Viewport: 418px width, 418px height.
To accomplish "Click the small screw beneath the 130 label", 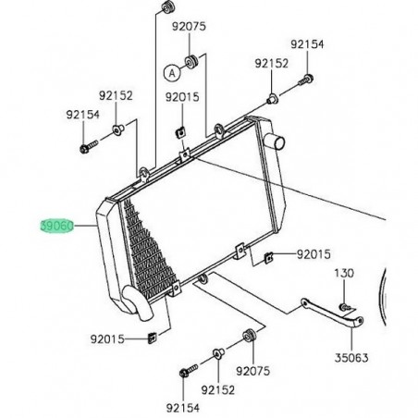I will tap(344, 303).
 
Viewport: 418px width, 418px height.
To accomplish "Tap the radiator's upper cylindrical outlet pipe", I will tap(276, 141).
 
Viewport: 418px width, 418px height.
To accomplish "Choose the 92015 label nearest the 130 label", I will tap(313, 252).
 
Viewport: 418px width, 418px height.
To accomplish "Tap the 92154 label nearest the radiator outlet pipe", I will tap(308, 44).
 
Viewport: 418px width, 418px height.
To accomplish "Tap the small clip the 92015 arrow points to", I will tap(268, 256).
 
